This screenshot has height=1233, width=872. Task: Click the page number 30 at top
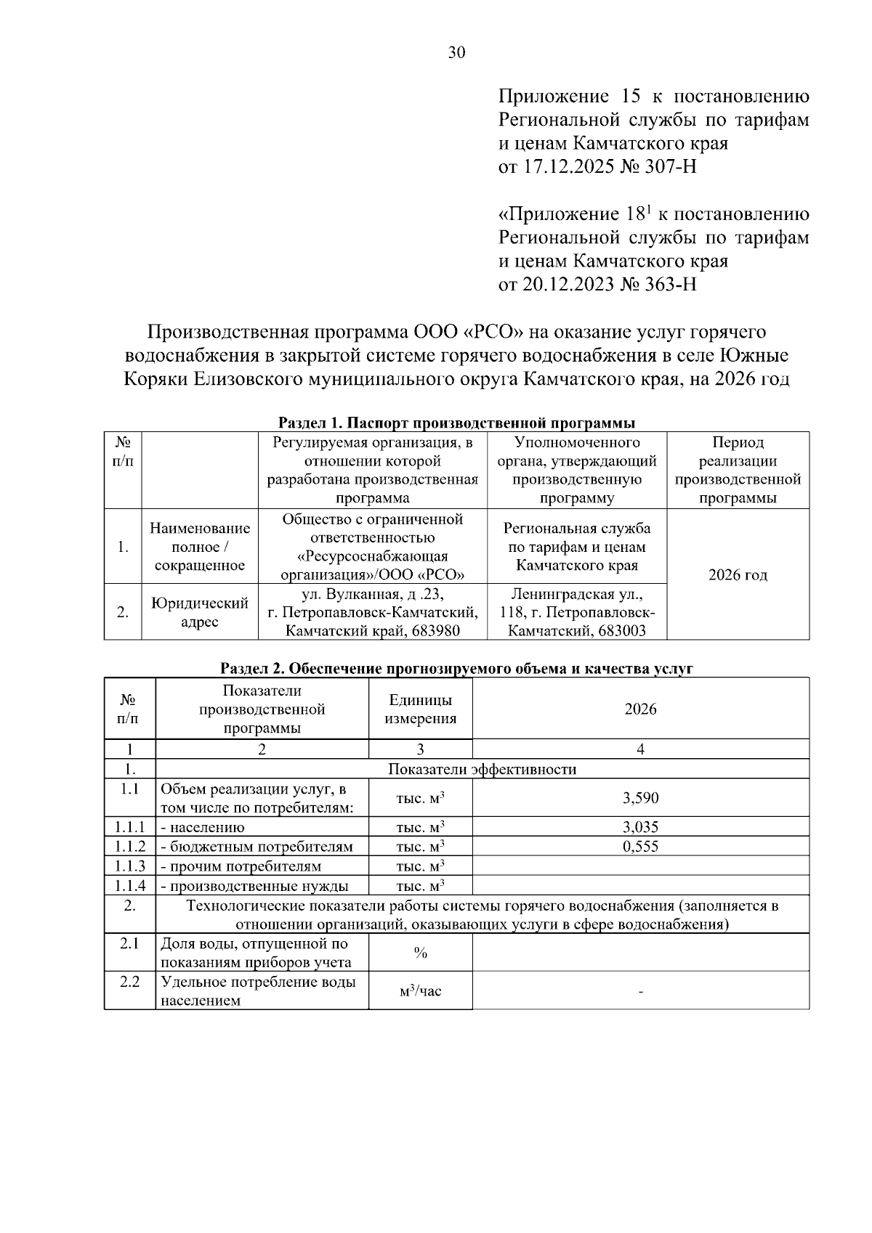[456, 52]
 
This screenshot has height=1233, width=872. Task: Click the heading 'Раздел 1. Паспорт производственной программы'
[457, 423]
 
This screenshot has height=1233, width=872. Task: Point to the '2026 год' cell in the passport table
[738, 575]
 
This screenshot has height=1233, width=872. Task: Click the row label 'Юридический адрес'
[200, 612]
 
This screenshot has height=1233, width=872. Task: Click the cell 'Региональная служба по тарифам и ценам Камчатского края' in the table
[577, 547]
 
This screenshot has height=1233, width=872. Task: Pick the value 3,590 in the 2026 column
[640, 798]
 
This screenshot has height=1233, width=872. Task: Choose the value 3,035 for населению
[640, 826]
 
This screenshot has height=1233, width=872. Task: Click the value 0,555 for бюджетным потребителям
[640, 846]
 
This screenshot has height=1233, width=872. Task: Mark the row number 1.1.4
[130, 885]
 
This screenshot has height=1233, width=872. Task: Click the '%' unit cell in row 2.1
[420, 953]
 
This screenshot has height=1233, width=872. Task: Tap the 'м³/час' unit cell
[420, 990]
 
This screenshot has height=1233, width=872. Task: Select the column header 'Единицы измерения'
[420, 709]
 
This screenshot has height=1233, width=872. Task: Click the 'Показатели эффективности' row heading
[483, 770]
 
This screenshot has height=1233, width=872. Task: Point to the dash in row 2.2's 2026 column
[640, 991]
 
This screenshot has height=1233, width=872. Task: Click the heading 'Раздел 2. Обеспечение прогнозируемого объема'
[457, 669]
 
